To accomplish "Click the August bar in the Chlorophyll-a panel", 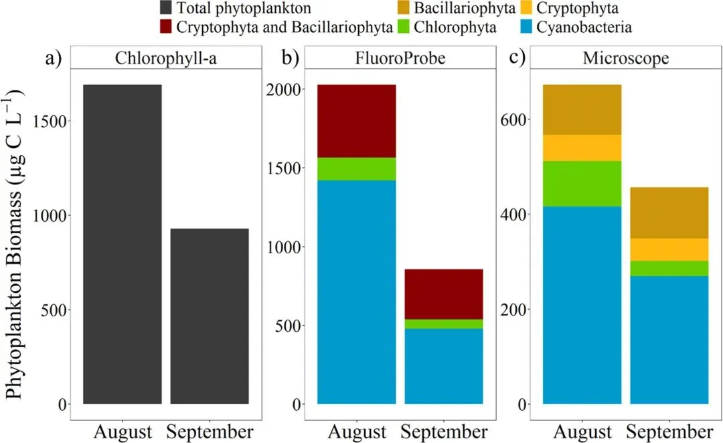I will click(122, 244).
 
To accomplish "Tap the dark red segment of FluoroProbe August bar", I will click(356, 121).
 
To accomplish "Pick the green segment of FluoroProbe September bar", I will click(444, 324).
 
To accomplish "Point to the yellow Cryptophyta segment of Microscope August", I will click(582, 148).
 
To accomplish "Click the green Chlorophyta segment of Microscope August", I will click(582, 184).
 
